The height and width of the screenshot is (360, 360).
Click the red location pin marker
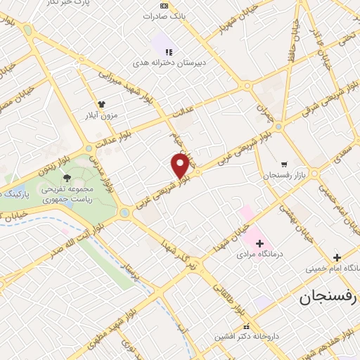click(x=180, y=165)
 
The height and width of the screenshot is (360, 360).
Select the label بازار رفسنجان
click(x=283, y=174)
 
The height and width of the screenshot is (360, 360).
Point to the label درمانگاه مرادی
click(x=260, y=253)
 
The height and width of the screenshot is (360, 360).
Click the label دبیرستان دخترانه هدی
click(x=168, y=63)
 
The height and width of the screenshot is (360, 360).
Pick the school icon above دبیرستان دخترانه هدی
click(x=168, y=52)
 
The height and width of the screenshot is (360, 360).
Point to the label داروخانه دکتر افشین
click(x=247, y=337)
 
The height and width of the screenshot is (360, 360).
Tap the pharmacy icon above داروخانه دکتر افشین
click(x=246, y=326)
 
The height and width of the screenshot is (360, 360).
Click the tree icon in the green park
click(x=67, y=178)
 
